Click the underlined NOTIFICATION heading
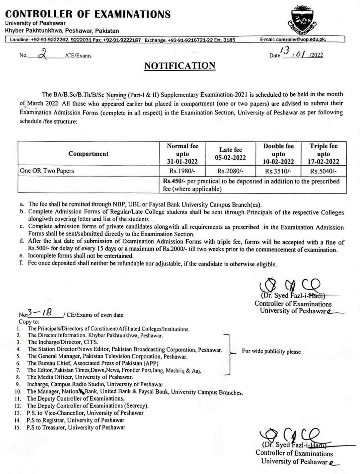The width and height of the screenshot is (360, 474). pos(180,66)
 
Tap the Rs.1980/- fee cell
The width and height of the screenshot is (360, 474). pos(182,171)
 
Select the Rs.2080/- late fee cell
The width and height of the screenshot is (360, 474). pos(230,171)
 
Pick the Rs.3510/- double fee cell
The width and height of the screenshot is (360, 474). pos(278,171)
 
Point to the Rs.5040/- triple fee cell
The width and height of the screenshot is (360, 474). pos(323,171)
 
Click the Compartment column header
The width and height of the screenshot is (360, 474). pos(88,154)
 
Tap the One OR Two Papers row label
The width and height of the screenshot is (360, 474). pos(47,171)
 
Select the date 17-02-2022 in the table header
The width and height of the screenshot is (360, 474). pos(323,162)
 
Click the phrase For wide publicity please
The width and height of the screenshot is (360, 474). pos(271,352)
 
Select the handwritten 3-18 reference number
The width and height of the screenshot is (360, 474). pos(39,313)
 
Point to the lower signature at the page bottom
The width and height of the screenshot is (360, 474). pos(291,437)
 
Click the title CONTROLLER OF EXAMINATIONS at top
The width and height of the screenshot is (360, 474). pos(88,14)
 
